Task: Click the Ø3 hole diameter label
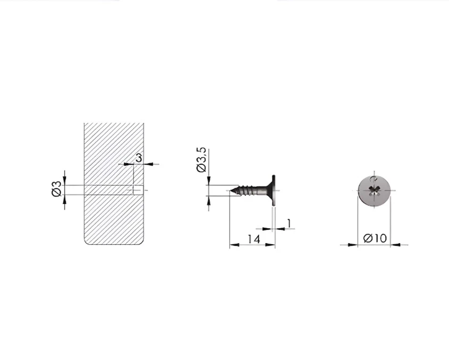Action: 57,188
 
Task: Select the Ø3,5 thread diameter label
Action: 201,160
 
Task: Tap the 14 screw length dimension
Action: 253,238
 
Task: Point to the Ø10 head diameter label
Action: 375,238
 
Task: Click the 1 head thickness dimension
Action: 289,223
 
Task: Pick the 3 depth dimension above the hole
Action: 139,158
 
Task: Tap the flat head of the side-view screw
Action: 274,190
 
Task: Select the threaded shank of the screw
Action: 248,190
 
